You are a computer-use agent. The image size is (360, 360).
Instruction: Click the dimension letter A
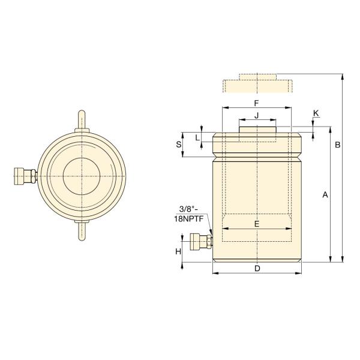325,194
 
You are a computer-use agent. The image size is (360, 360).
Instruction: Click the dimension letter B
338,145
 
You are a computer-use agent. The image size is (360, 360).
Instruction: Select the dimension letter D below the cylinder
257,268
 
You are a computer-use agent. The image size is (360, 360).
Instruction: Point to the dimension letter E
257,224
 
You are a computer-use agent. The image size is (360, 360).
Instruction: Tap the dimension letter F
256,103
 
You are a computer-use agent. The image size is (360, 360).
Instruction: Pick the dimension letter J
256,115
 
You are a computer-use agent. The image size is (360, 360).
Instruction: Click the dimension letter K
316,113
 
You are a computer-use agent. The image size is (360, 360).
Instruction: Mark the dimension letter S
178,145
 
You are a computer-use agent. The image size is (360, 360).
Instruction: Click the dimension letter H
178,251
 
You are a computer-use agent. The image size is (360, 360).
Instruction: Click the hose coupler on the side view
199,242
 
